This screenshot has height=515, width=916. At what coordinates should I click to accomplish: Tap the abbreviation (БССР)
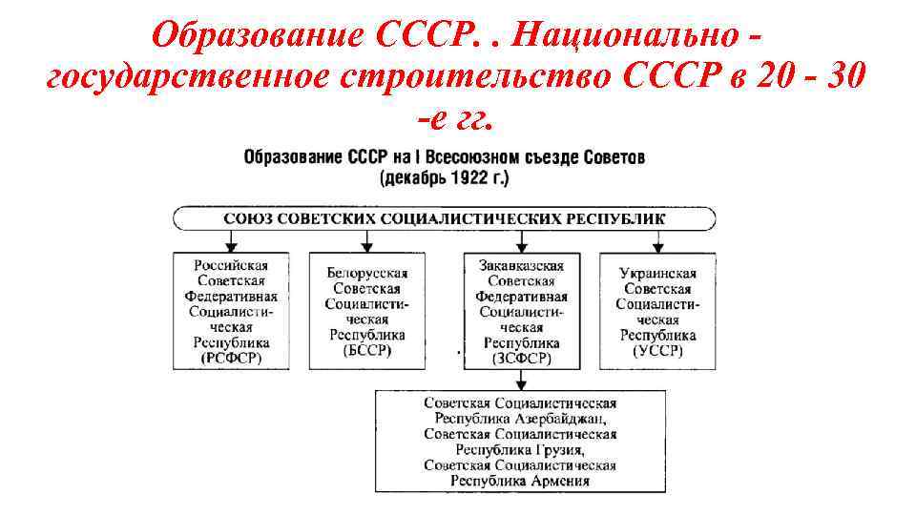(366, 351)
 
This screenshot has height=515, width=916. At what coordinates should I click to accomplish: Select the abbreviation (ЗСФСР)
(521, 358)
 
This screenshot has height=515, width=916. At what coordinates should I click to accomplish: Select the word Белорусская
(366, 273)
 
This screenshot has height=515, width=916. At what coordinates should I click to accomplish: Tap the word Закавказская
(521, 265)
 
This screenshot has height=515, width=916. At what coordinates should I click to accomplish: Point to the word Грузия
(553, 449)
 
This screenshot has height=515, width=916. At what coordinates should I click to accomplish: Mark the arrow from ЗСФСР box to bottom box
(521, 379)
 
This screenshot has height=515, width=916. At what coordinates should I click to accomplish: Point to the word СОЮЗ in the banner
(247, 218)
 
